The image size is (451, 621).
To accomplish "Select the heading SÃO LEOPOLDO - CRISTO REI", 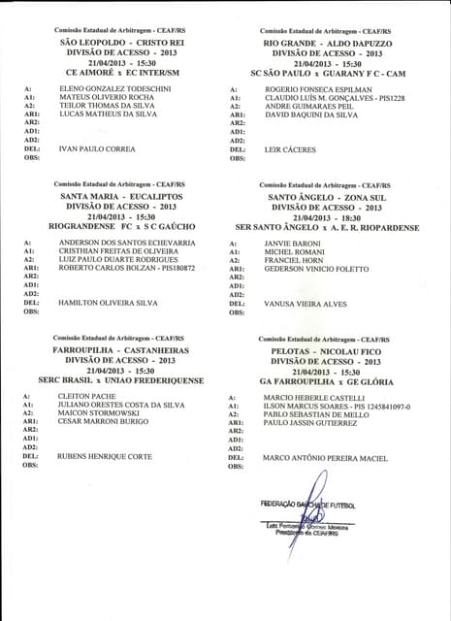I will pyautogui.click(x=122, y=44).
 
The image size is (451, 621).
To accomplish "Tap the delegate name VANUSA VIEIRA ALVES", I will pyautogui.click(x=304, y=304).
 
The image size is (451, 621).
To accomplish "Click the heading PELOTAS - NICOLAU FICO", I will pyautogui.click(x=326, y=351).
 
